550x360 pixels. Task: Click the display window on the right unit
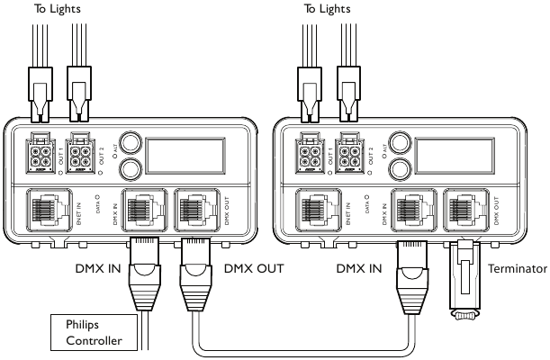click(x=457, y=155)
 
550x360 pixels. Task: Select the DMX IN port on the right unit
click(x=410, y=214)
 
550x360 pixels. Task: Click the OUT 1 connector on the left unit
click(x=41, y=153)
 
